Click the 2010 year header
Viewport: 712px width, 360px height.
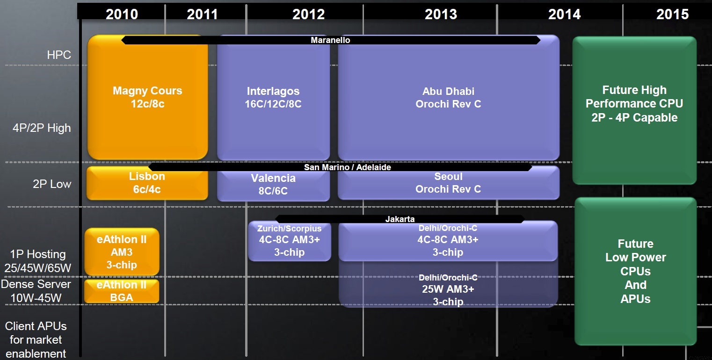(122, 14)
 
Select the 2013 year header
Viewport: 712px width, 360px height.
(441, 14)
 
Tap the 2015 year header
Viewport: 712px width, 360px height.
(673, 14)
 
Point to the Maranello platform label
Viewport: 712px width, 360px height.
(330, 40)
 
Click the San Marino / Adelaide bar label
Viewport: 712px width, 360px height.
(348, 167)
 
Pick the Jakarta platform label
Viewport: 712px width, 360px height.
(400, 219)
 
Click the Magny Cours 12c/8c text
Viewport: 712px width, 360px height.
(147, 97)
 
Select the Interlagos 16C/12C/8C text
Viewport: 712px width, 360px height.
(273, 97)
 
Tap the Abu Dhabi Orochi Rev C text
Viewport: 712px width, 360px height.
(448, 97)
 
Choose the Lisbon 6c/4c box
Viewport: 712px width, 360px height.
(147, 183)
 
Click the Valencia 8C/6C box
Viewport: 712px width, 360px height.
(273, 184)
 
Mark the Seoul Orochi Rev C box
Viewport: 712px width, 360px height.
(449, 183)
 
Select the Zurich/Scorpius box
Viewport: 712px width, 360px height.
(289, 241)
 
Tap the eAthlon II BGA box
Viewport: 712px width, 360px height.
(122, 291)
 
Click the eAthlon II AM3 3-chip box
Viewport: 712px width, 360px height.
(122, 252)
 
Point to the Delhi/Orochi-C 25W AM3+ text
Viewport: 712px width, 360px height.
(448, 289)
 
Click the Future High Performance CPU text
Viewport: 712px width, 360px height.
(634, 104)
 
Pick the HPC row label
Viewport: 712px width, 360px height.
(59, 55)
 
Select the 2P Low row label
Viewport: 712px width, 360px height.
(52, 184)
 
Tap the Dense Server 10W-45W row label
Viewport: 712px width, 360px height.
(36, 291)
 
